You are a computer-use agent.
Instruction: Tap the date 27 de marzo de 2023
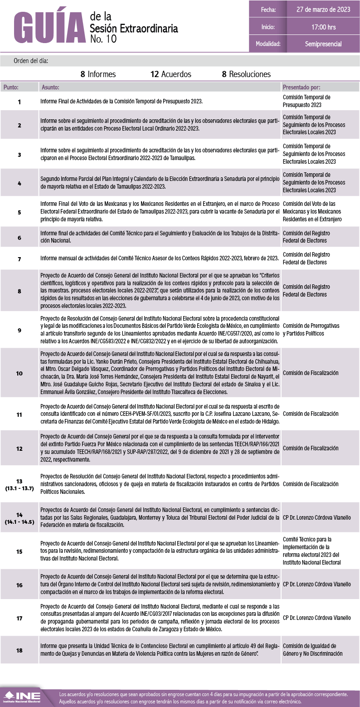[323, 10]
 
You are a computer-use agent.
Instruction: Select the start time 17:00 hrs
[323, 27]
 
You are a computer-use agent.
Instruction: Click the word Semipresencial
[323, 44]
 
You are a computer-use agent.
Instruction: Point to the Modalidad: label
[268, 44]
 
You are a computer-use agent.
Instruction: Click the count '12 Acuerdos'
[171, 74]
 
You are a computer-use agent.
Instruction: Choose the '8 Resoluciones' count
[246, 74]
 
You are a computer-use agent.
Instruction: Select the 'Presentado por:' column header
[301, 87]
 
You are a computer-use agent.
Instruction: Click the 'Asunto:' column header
[50, 87]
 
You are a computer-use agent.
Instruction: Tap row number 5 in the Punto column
[19, 212]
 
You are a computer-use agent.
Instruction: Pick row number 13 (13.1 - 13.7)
[19, 484]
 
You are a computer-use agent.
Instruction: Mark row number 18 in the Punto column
[19, 650]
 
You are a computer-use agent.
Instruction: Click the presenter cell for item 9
[311, 330]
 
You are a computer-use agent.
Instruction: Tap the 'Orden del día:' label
[30, 60]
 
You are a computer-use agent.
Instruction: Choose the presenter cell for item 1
[306, 101]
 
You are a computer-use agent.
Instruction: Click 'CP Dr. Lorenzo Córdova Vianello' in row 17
[316, 618]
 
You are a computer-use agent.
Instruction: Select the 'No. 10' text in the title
[103, 39]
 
